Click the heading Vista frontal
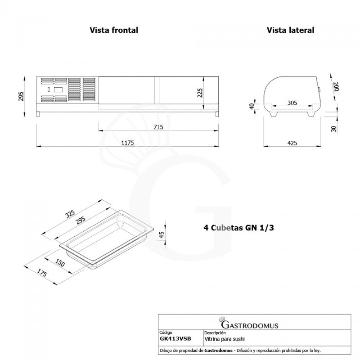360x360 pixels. click(113, 30)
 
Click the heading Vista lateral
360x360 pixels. click(290, 30)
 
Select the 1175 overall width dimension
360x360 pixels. click(128, 142)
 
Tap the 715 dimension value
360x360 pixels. click(157, 127)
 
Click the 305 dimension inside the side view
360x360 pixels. click(292, 103)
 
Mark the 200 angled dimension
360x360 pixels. click(335, 86)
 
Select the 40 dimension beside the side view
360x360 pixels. click(252, 106)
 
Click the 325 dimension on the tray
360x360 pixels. click(69, 214)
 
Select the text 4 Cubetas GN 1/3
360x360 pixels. click(239, 228)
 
